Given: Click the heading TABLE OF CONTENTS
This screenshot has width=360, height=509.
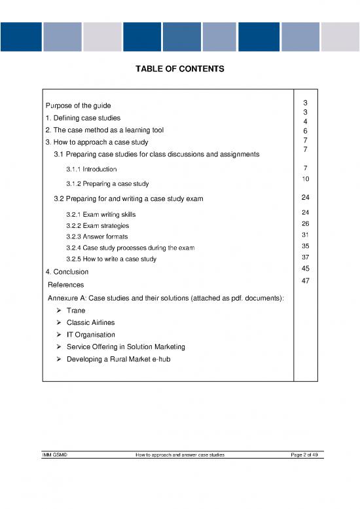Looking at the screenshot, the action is (x=179, y=69).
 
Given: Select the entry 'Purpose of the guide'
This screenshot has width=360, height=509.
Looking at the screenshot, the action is (x=78, y=105).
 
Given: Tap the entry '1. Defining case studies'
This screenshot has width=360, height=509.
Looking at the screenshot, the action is (x=82, y=118).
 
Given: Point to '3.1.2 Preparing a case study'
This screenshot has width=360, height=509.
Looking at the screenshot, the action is (x=107, y=183).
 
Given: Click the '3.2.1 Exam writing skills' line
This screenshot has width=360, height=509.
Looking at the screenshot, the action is (x=101, y=214).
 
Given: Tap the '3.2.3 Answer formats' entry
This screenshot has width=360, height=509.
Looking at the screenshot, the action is (x=97, y=236).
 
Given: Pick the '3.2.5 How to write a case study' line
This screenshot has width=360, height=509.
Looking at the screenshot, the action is (x=111, y=259).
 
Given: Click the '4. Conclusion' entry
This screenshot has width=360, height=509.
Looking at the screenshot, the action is (x=67, y=272).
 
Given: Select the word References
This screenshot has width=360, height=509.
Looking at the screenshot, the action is (x=66, y=285).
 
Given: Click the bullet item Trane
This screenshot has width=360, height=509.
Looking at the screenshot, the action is (x=77, y=311).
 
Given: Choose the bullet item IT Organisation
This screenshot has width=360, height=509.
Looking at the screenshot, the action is (x=90, y=335).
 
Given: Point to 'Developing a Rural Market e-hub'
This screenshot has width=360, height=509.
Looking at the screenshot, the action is (x=119, y=358).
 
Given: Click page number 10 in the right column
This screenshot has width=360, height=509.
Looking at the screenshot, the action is (x=305, y=179).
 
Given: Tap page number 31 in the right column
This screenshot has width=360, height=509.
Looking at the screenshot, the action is (x=305, y=235).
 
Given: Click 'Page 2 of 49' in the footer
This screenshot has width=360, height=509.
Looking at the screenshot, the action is (x=305, y=455).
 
